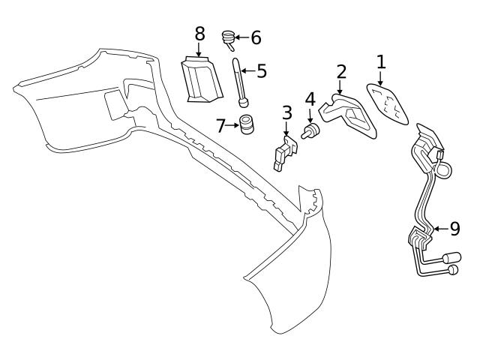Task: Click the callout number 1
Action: click(380, 61)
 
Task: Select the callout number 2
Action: click(341, 72)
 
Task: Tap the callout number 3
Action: click(286, 113)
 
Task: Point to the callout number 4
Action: click(310, 99)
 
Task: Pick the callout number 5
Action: click(261, 71)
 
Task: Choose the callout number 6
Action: click(256, 37)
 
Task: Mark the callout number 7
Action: click(220, 124)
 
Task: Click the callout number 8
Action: click(199, 34)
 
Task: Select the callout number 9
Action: click(454, 229)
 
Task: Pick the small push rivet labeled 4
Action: click(309, 133)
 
